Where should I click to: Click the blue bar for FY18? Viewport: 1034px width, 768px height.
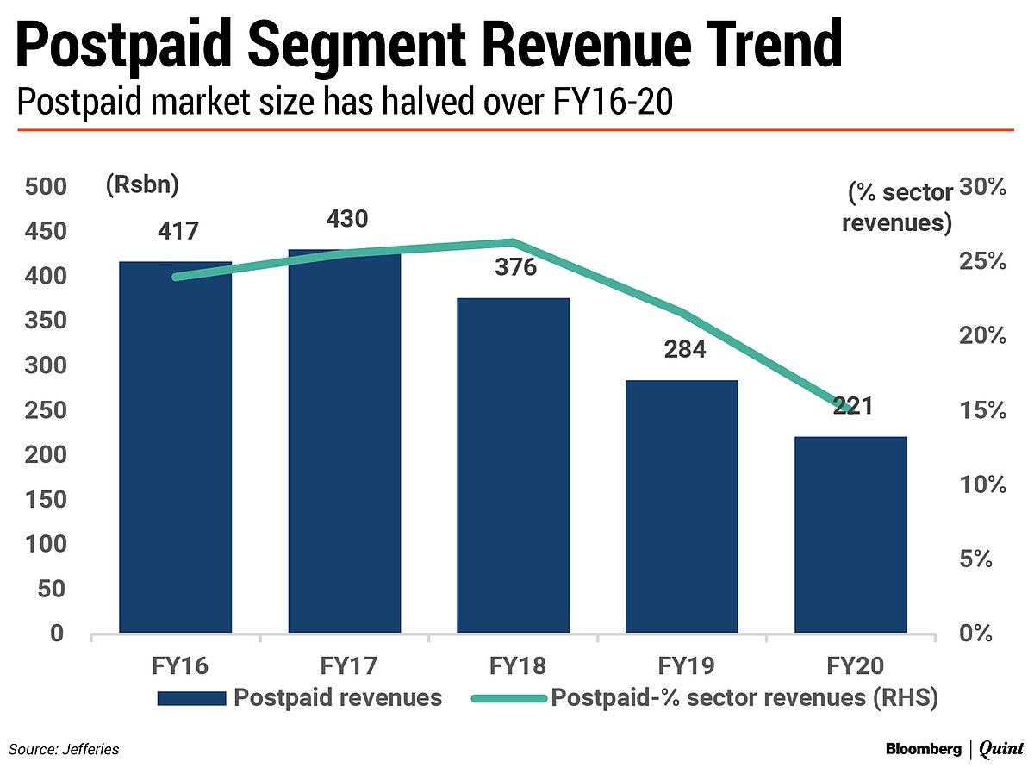(513, 465)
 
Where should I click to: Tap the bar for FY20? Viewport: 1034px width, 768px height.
(850, 534)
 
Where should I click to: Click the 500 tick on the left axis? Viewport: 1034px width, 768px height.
(44, 187)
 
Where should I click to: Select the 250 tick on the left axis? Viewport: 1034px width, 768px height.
(44, 410)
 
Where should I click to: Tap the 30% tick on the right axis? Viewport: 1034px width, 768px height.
(983, 187)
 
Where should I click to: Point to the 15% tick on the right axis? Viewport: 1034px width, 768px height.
(983, 409)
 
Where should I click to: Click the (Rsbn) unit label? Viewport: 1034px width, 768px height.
(141, 184)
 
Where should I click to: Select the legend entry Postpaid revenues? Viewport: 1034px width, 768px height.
(337, 697)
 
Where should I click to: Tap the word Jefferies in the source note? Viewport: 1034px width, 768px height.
(90, 749)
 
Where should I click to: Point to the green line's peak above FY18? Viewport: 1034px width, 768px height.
(513, 242)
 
